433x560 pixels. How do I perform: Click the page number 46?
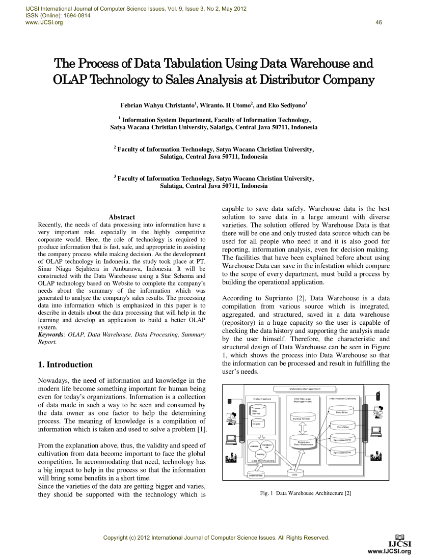click(x=378, y=22)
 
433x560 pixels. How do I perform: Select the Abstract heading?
click(x=122, y=217)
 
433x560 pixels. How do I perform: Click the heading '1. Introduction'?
click(x=66, y=365)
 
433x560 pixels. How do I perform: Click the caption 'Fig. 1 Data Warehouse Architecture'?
click(x=306, y=493)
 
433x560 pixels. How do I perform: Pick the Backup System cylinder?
click(x=301, y=418)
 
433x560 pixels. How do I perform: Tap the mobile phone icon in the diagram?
click(x=377, y=395)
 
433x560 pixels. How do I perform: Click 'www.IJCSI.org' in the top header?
click(x=40, y=22)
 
